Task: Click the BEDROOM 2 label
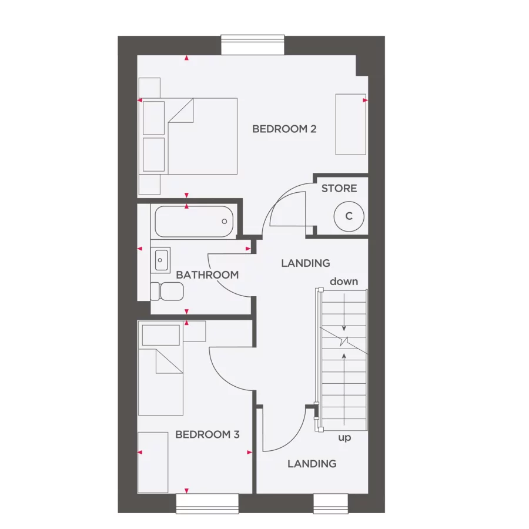coord(284,129)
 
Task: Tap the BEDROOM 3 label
coord(207,435)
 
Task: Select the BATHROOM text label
coord(207,274)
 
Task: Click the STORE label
coord(339,189)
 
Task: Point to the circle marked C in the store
coord(348,216)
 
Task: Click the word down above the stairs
coord(344,282)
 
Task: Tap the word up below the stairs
coord(344,438)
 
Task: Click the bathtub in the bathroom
coord(194,222)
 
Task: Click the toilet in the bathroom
coord(166,290)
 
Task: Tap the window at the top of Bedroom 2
coord(253,45)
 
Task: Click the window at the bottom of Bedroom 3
coord(207,503)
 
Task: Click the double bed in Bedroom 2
coord(200,136)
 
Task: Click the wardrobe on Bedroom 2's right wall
coord(351,124)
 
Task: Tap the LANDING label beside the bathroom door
coord(305,263)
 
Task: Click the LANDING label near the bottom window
coord(312,464)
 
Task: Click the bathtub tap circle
coord(224,222)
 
